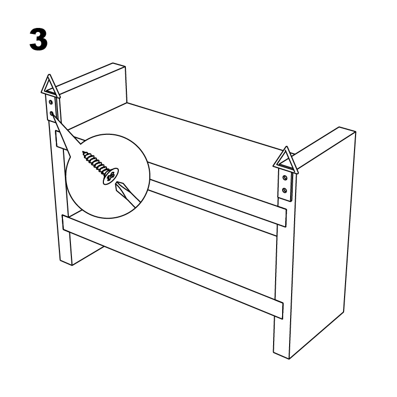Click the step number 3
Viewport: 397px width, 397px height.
click(38, 39)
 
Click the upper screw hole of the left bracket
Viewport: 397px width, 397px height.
click(51, 102)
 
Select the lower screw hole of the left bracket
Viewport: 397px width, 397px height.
click(51, 113)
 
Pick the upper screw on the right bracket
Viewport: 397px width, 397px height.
click(285, 178)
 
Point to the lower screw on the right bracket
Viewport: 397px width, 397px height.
click(284, 190)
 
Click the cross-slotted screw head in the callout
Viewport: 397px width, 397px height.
click(111, 176)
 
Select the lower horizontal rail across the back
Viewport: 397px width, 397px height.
click(172, 266)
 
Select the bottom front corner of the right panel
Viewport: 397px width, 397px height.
click(289, 359)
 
